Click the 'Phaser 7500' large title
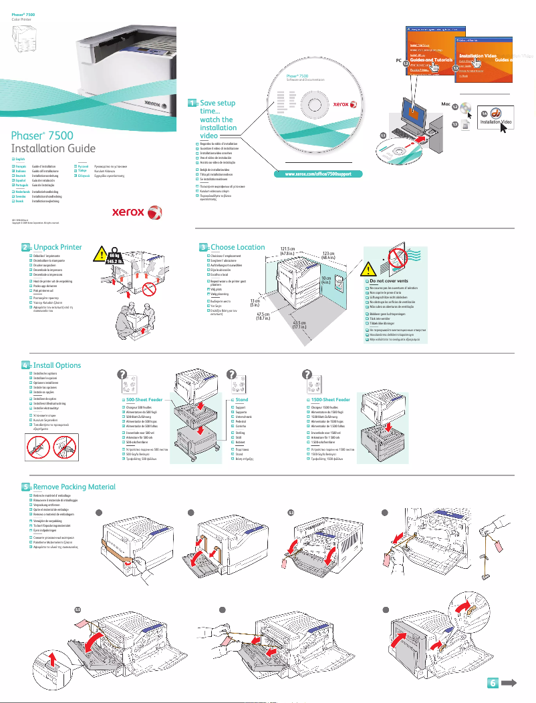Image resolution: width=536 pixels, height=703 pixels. (x=43, y=136)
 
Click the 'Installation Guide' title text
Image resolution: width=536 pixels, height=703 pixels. (x=48, y=148)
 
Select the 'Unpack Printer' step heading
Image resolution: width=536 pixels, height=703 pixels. (x=57, y=247)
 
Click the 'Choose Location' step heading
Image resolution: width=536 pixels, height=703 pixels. (x=238, y=247)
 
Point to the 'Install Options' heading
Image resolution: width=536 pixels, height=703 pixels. (x=57, y=365)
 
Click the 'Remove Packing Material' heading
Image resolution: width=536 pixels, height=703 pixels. (x=74, y=487)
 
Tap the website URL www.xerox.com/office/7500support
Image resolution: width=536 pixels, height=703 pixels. (x=313, y=174)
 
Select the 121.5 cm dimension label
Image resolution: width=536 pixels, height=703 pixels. (x=288, y=250)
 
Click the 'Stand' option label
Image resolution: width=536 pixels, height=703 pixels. (x=241, y=399)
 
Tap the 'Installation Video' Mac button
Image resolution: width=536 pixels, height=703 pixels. (x=497, y=122)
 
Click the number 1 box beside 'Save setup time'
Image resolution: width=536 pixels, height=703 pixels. (x=192, y=103)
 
